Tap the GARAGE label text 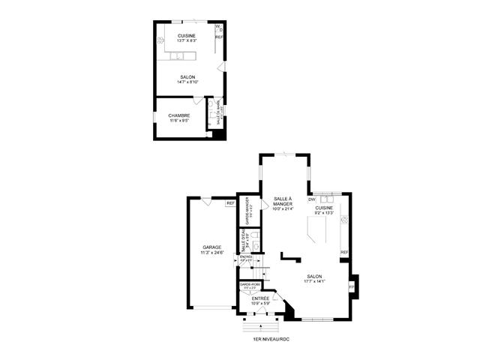click(211, 247)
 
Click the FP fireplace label click(351, 286)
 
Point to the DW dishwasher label click(311, 199)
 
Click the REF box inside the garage click(230, 203)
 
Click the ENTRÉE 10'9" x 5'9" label click(259, 298)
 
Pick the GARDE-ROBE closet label click(249, 285)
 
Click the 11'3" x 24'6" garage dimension click(211, 253)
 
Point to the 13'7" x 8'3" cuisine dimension click(187, 40)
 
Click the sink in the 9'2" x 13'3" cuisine click(326, 199)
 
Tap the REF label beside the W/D click(219, 37)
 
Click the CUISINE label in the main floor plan click(324, 208)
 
